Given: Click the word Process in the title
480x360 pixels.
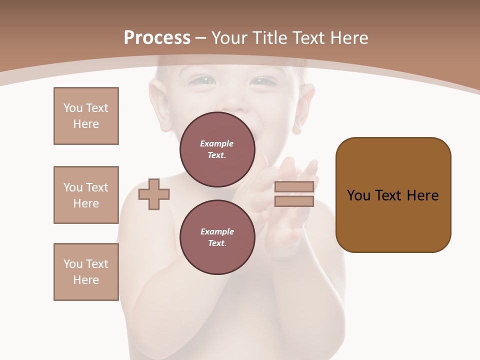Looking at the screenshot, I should coord(157,38).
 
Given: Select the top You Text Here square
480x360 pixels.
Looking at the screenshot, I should coord(86,116).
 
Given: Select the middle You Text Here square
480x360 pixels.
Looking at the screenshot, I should coord(86,195).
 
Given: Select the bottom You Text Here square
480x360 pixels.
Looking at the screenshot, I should coord(86,272).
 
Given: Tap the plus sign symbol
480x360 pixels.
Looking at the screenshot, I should coord(154,194).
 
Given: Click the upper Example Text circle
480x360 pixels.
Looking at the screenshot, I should coord(217,149).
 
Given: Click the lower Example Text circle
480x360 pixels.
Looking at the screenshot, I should coord(217,237).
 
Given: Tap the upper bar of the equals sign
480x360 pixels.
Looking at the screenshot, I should coord(294,186).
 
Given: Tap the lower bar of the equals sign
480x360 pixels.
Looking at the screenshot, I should coord(294,201).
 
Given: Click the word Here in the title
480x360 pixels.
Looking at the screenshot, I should coord(349,38).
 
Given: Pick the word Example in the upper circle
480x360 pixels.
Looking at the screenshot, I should coord(217,143).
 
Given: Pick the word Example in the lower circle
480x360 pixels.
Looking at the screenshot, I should coord(217,231).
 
